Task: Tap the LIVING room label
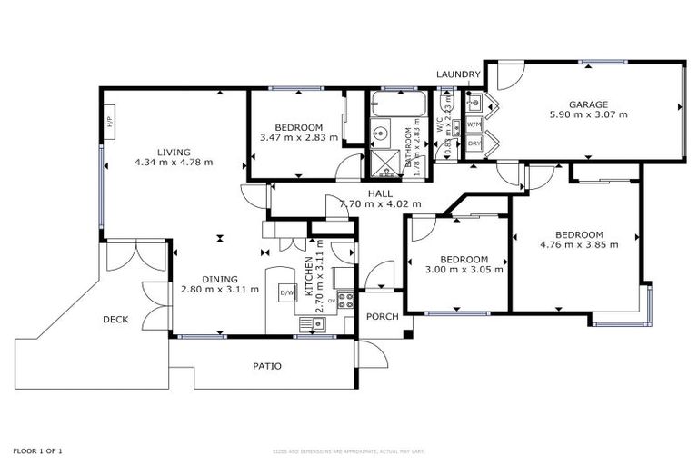pos(173,152)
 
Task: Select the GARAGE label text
pos(588,104)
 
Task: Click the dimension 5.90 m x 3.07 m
pos(588,115)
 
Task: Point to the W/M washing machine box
pos(474,124)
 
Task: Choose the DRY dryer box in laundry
pos(474,143)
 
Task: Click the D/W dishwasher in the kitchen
pos(287,292)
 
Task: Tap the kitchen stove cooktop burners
pos(345,301)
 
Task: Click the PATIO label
pos(266,366)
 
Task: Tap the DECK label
pos(115,319)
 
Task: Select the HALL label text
pos(380,193)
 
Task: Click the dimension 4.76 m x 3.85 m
pos(579,244)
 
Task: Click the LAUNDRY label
pos(457,74)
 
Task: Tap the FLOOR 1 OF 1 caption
pos(38,450)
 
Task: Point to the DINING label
pos(220,279)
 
